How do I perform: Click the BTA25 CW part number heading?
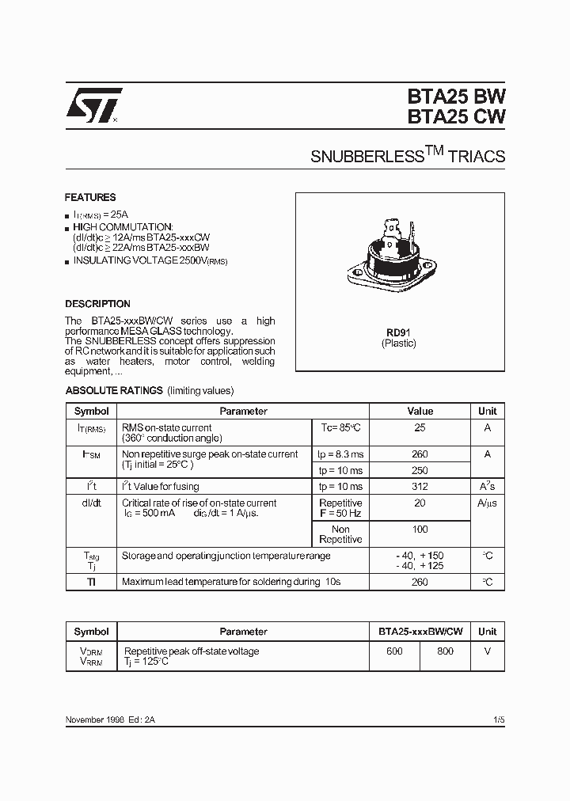pyautogui.click(x=457, y=116)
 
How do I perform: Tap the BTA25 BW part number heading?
pyautogui.click(x=457, y=96)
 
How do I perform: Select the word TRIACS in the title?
pyautogui.click(x=477, y=156)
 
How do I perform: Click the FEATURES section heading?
pyautogui.click(x=90, y=198)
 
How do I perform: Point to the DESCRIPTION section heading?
pyautogui.click(x=97, y=304)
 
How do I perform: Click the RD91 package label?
pyautogui.click(x=398, y=332)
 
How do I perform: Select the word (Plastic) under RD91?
pyautogui.click(x=398, y=344)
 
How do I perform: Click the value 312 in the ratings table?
pyautogui.click(x=420, y=487)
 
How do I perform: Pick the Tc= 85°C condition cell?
pyautogui.click(x=340, y=427)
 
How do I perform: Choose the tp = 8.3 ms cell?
pyautogui.click(x=340, y=454)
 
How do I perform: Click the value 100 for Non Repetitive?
pyautogui.click(x=420, y=530)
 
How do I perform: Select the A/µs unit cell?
pyautogui.click(x=488, y=503)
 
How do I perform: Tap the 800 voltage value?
pyautogui.click(x=445, y=651)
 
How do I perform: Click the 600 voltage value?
pyautogui.click(x=394, y=651)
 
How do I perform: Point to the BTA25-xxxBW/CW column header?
pyautogui.click(x=420, y=632)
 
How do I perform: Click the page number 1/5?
pyautogui.click(x=497, y=719)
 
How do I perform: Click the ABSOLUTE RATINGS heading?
pyautogui.click(x=114, y=391)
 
